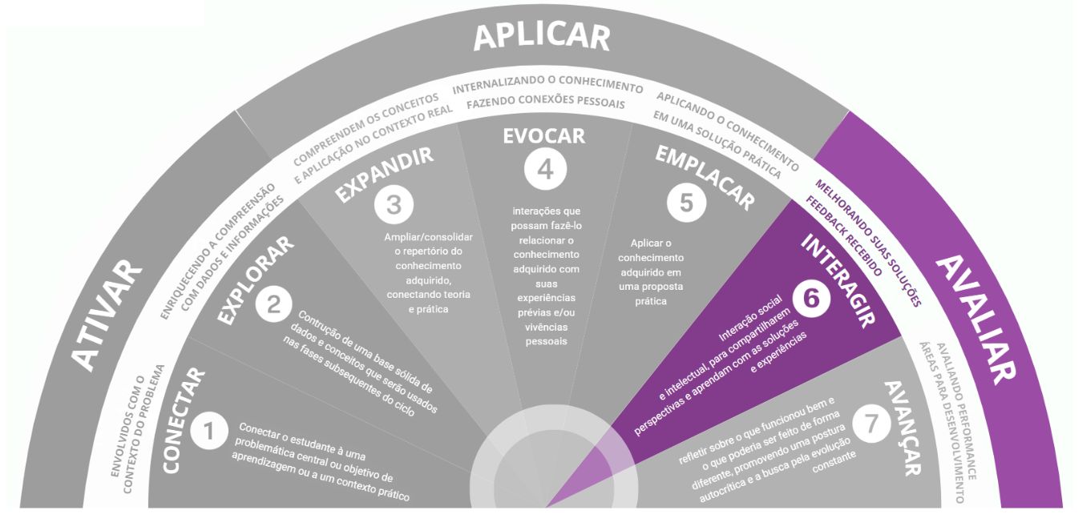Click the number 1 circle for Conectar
(208, 432)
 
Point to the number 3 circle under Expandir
(393, 204)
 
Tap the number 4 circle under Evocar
(545, 169)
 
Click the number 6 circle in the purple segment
(811, 298)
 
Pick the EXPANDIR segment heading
(383, 174)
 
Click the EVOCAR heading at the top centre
(544, 135)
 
